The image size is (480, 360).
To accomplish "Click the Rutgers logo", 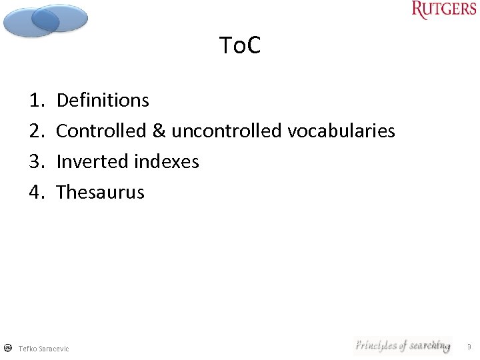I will pyautogui.click(x=444, y=10).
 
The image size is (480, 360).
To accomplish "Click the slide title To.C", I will pyautogui.click(x=240, y=46).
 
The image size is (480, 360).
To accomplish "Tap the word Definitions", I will pyautogui.click(x=103, y=100).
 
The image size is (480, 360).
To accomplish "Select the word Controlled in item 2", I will pyautogui.click(x=101, y=131).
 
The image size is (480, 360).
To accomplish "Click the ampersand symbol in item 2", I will pyautogui.click(x=159, y=131).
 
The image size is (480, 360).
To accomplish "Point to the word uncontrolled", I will pyautogui.click(x=227, y=131).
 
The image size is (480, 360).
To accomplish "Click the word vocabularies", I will pyautogui.click(x=341, y=131).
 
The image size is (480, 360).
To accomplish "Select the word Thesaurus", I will pyautogui.click(x=100, y=192).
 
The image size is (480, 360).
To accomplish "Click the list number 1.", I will pyautogui.click(x=36, y=100).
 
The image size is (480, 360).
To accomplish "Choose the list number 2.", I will pyautogui.click(x=36, y=131).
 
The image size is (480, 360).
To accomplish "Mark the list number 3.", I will pyautogui.click(x=36, y=161).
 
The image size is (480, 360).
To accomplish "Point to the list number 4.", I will pyautogui.click(x=36, y=192).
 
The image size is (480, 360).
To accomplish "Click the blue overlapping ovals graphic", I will pyautogui.click(x=45, y=19).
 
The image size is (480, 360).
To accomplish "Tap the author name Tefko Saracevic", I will pyautogui.click(x=43, y=349).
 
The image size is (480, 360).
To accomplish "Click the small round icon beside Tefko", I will pyautogui.click(x=7, y=348).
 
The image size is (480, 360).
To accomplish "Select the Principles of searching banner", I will pyautogui.click(x=402, y=345).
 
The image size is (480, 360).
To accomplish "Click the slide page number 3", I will pyautogui.click(x=469, y=347).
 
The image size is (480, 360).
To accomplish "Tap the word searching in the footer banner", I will pyautogui.click(x=429, y=345).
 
